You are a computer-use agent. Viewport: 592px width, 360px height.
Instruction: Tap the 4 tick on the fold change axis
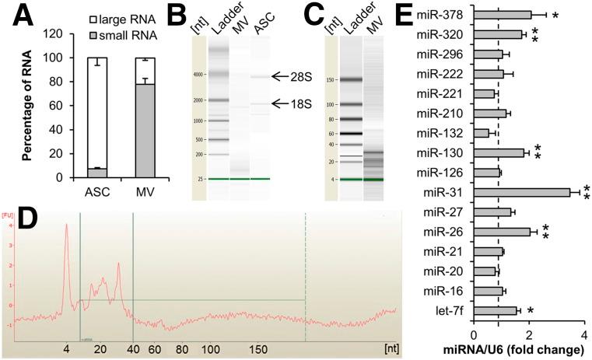(x=583, y=334)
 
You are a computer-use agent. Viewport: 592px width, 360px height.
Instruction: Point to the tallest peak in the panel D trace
(x=67, y=225)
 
